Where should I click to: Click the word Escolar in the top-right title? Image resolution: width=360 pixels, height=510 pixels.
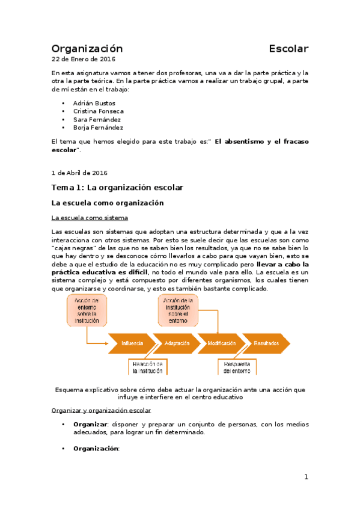(288, 49)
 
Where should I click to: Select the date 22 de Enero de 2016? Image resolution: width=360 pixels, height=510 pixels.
(84, 60)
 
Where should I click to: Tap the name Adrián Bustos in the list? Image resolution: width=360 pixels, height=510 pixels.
(94, 103)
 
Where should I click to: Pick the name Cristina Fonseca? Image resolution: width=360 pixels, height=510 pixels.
(99, 111)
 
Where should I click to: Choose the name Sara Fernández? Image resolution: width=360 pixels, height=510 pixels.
(97, 120)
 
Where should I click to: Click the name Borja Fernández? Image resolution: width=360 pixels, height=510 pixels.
(98, 127)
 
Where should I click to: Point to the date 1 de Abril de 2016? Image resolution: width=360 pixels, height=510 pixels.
(79, 173)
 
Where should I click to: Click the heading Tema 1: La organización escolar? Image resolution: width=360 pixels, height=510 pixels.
(117, 188)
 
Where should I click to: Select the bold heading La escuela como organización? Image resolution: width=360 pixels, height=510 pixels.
(108, 203)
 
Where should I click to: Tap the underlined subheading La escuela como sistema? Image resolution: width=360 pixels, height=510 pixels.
(90, 218)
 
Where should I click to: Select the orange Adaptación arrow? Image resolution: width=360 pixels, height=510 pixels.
(175, 343)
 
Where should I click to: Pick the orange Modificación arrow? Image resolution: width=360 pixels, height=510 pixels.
(221, 343)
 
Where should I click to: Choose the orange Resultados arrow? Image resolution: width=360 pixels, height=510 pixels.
(266, 343)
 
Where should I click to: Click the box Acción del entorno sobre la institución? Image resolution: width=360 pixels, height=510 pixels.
(87, 310)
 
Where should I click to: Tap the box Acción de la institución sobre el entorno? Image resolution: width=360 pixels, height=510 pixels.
(178, 310)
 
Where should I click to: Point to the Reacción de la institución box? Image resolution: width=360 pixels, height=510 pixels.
(148, 368)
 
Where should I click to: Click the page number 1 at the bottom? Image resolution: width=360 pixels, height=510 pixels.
(306, 477)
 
